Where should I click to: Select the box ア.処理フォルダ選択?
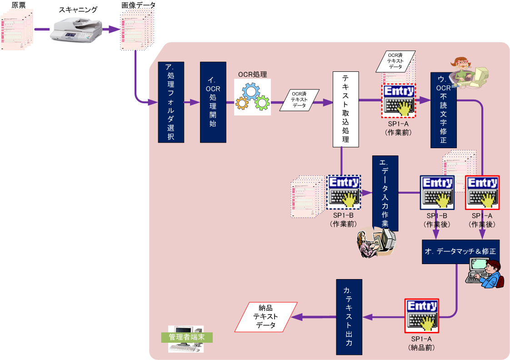pos(171,102)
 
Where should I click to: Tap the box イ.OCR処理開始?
pos(213,102)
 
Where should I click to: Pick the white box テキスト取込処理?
pos(345,109)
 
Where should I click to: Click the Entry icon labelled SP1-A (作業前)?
pos(399,101)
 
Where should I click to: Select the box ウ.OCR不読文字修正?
pos(444,110)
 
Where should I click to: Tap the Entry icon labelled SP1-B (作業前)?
pos(343,192)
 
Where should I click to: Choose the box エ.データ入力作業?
pos(385,193)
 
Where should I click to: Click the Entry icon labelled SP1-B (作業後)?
pos(437,192)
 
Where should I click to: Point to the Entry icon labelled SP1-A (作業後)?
pos(482,192)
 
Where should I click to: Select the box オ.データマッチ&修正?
pos(460,252)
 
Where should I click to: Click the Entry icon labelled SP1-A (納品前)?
pos(421,315)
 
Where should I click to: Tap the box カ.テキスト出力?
pos(349,317)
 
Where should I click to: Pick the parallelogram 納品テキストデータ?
pos(266,317)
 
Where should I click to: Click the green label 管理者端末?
pos(187,337)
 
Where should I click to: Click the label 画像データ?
pos(139,5)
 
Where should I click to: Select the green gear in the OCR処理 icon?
pos(262,103)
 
